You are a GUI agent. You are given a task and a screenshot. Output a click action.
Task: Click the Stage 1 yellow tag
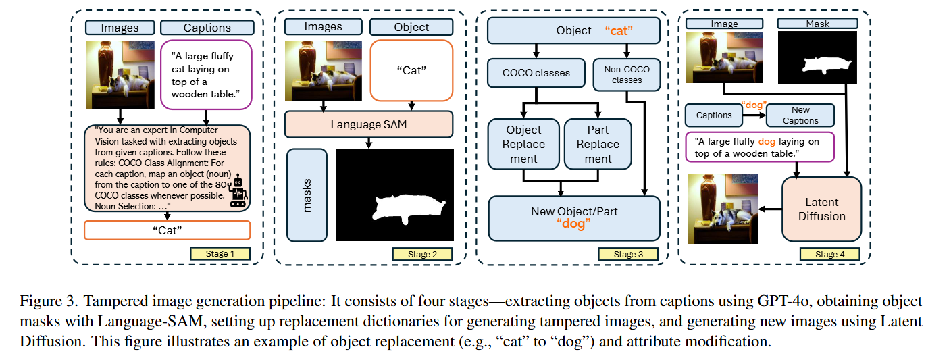220,254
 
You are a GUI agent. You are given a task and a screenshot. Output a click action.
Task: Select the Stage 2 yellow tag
422,254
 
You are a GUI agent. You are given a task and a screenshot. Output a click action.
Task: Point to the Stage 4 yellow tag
830,254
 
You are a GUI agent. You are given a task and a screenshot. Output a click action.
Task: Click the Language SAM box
369,124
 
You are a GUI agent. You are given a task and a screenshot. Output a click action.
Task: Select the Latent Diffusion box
821,209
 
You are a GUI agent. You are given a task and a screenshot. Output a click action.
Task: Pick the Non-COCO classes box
627,74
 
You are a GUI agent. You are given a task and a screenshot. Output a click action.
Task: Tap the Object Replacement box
523,144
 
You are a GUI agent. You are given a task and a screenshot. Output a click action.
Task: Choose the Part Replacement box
598,144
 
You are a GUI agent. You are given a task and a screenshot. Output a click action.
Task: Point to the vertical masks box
307,195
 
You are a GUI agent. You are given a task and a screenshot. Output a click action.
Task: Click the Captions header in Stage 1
207,28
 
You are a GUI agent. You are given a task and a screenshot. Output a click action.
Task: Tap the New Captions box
800,115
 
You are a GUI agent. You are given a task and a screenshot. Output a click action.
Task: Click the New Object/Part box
574,217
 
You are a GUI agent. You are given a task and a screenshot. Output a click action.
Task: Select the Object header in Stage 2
411,27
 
